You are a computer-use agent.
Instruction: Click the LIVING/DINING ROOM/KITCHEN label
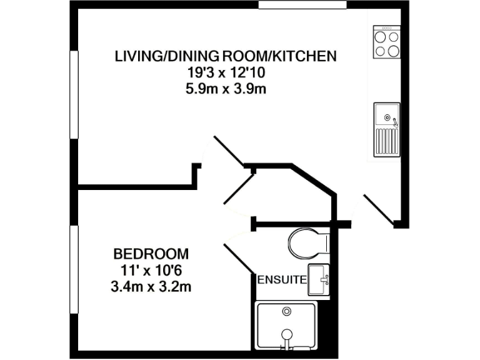pyautogui.click(x=226, y=56)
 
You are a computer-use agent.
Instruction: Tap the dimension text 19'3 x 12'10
pyautogui.click(x=226, y=72)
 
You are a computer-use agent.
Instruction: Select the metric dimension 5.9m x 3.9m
pyautogui.click(x=226, y=88)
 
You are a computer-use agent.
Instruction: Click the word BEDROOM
pyautogui.click(x=151, y=254)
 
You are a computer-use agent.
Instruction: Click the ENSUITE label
pyautogui.click(x=282, y=279)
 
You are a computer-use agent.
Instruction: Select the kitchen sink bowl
pyautogui.click(x=387, y=116)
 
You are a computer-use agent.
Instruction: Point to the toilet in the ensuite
pyautogui.click(x=308, y=242)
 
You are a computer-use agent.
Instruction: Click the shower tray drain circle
pyautogui.click(x=287, y=311)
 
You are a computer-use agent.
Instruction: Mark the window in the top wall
pyautogui.click(x=302, y=5)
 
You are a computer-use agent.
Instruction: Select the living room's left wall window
pyautogui.click(x=74, y=94)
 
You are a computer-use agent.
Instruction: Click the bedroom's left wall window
pyautogui.click(x=74, y=269)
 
